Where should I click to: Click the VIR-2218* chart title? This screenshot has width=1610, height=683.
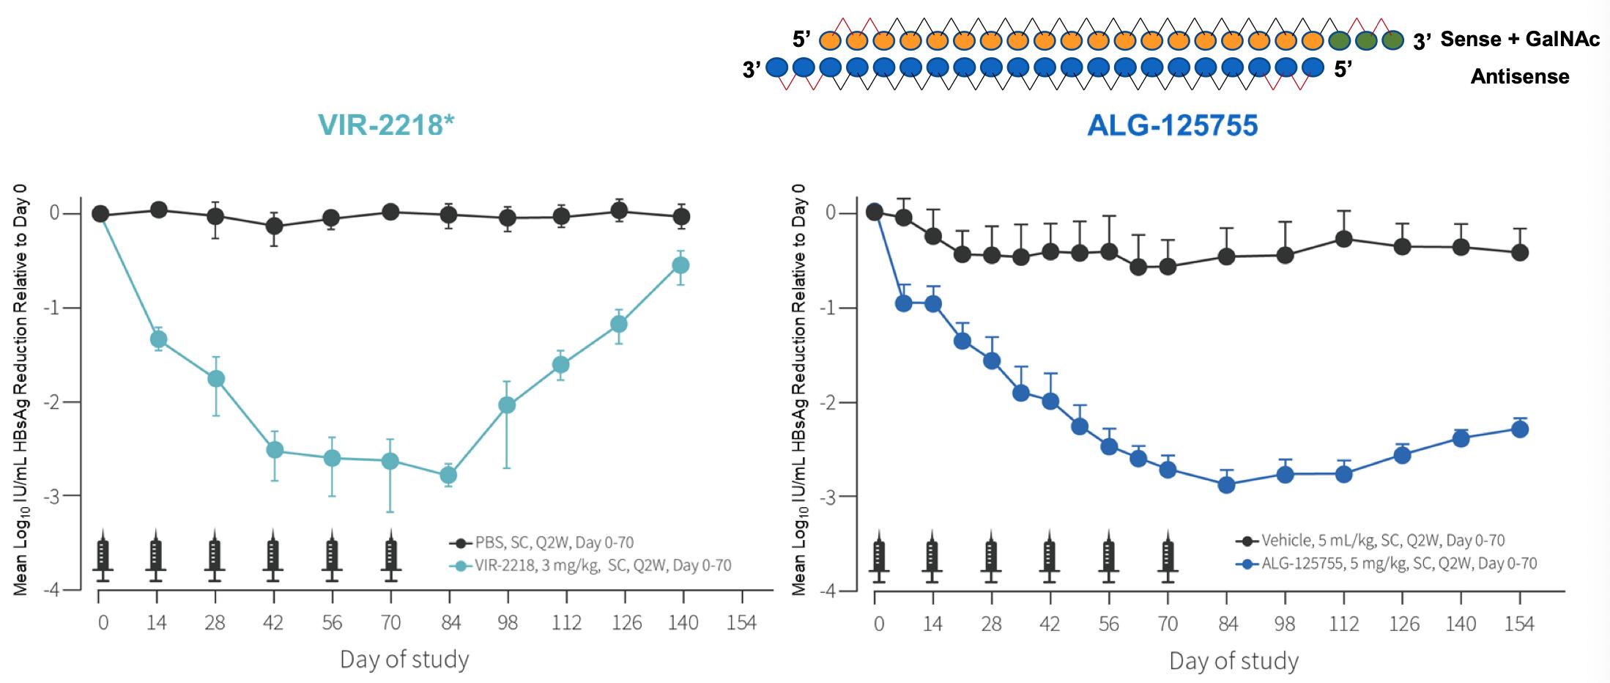coord(386,125)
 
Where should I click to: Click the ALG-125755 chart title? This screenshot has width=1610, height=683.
coord(1172,125)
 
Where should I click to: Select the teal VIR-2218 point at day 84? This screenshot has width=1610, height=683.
coord(448,475)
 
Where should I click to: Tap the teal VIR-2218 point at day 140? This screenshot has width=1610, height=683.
coord(680,265)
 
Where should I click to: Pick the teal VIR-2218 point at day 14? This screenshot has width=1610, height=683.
coord(158,339)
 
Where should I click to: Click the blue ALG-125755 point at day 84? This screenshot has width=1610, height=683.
coord(1226,484)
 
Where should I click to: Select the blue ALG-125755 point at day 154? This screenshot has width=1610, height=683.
coord(1519,429)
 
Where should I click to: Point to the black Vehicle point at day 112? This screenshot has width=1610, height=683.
coord(1343,239)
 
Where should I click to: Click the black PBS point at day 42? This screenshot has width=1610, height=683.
coord(274,226)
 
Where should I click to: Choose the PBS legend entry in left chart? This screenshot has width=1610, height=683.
coord(542,543)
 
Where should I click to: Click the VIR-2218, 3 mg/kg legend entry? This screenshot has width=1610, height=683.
coord(593,566)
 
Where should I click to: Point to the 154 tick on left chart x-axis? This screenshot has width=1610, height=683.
coord(741,623)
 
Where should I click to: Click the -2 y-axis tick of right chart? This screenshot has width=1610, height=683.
coord(831,402)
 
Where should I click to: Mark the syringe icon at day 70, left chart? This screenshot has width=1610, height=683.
coord(390,556)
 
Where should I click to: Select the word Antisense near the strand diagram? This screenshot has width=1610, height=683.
coord(1520,76)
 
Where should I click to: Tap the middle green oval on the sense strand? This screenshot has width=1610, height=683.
coord(1366,40)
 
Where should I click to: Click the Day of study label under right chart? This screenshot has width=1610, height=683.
coord(1234,661)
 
